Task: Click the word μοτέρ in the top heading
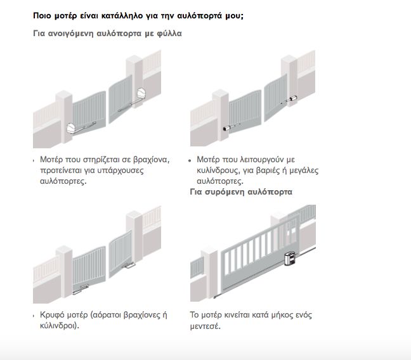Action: click(66, 16)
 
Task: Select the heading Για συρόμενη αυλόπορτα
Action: click(241, 192)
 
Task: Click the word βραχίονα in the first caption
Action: click(151, 160)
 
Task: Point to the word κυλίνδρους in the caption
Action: click(218, 171)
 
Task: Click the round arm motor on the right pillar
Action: click(141, 94)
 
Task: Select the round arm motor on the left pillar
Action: click(71, 129)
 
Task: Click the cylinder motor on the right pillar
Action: click(292, 100)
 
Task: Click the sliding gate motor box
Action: click(290, 258)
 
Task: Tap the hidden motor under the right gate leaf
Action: click(130, 266)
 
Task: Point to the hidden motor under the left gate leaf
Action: click(81, 290)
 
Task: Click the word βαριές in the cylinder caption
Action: click(266, 171)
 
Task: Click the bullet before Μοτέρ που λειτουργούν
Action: click(190, 160)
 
